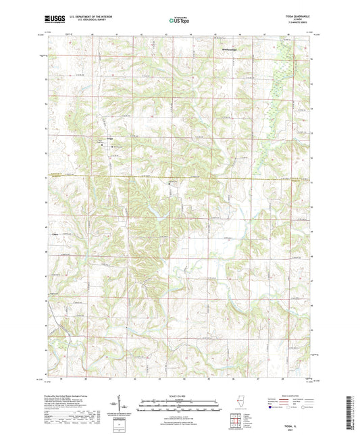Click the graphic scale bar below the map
[179, 407]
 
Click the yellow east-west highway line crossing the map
[203, 178]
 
